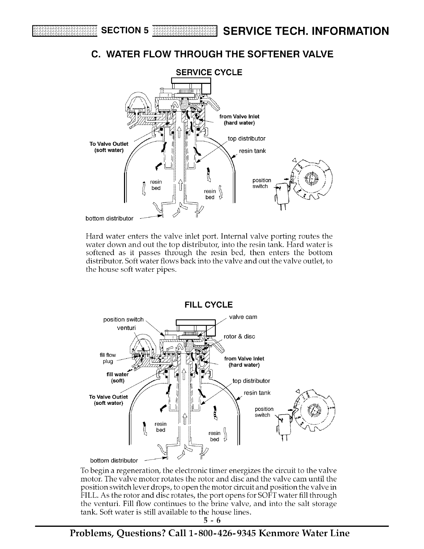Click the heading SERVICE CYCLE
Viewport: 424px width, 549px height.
(x=209, y=72)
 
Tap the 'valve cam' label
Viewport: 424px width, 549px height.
(x=243, y=317)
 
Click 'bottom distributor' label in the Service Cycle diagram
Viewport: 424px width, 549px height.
(x=109, y=218)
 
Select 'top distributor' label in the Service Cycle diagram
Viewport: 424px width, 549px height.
(x=247, y=139)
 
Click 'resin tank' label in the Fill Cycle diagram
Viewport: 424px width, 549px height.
(x=257, y=393)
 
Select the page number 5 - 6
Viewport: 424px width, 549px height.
(x=212, y=511)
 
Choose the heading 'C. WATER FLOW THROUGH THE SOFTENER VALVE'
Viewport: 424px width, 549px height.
(x=212, y=54)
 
